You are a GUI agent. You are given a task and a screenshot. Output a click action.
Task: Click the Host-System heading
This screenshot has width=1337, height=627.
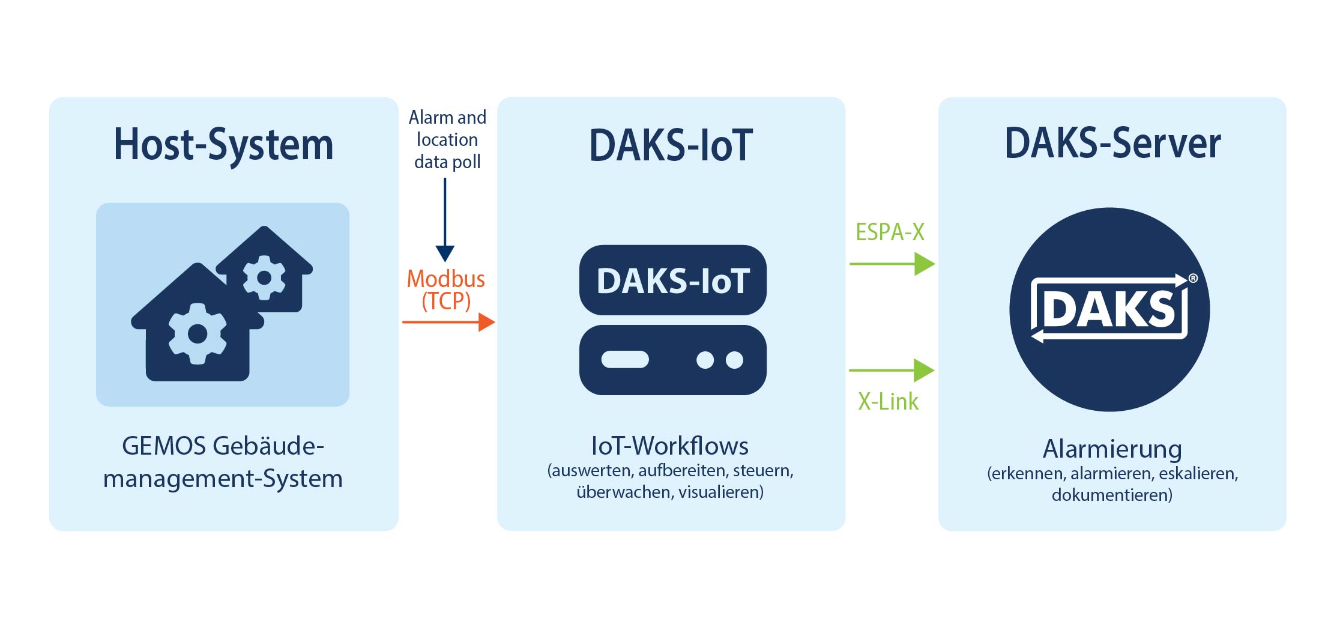[223, 145]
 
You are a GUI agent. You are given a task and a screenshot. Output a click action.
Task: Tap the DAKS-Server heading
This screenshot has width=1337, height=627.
[1112, 144]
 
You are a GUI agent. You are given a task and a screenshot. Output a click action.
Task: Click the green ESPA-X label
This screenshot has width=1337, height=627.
[890, 232]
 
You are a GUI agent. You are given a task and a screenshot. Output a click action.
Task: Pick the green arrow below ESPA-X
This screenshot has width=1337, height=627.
[892, 264]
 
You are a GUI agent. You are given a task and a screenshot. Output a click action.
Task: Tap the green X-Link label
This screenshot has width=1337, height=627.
[888, 401]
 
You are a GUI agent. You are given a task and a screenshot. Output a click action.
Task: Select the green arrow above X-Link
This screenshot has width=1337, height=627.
[892, 371]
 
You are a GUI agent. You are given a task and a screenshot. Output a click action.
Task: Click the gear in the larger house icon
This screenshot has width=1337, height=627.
[198, 333]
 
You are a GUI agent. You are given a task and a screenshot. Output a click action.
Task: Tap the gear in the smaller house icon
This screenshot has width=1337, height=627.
[264, 277]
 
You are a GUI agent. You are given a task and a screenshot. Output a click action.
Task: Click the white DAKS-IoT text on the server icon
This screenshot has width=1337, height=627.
[673, 280]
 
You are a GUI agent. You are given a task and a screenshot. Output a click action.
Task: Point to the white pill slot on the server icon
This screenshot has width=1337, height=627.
[625, 359]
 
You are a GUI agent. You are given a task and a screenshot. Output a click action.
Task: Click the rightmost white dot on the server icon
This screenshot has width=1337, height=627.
[734, 360]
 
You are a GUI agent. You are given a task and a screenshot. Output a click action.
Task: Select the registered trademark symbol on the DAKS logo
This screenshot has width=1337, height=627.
[1193, 278]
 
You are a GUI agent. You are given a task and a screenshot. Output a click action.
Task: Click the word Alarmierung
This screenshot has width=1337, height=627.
[1112, 449]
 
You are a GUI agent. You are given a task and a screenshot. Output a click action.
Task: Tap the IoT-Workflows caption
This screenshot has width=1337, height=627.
[670, 446]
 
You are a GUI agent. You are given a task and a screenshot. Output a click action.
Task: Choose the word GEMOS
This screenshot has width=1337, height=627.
[164, 446]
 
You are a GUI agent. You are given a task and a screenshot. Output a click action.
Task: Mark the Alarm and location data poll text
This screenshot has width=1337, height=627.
[447, 139]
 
